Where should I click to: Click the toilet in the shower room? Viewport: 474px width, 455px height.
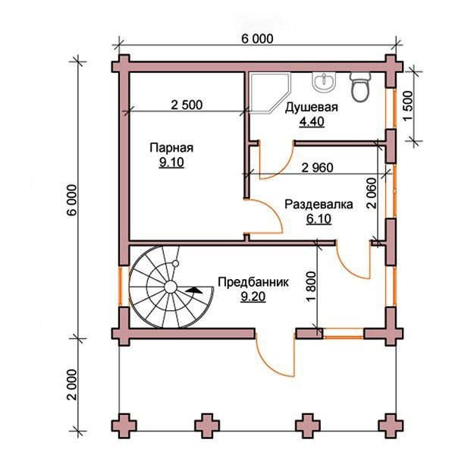(x=360, y=87)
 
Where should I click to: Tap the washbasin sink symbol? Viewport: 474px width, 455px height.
(x=324, y=82)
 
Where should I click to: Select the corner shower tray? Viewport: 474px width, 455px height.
(x=270, y=93)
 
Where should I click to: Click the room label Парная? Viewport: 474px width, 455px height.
(x=171, y=148)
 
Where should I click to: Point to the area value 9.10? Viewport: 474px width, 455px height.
(x=171, y=162)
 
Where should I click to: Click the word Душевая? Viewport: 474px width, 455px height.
(x=312, y=108)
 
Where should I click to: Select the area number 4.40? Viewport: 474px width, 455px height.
(x=312, y=121)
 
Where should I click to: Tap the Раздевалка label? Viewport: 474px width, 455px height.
(x=319, y=205)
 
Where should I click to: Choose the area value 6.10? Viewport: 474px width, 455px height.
(x=319, y=218)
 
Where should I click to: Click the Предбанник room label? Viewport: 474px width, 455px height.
(x=253, y=282)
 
